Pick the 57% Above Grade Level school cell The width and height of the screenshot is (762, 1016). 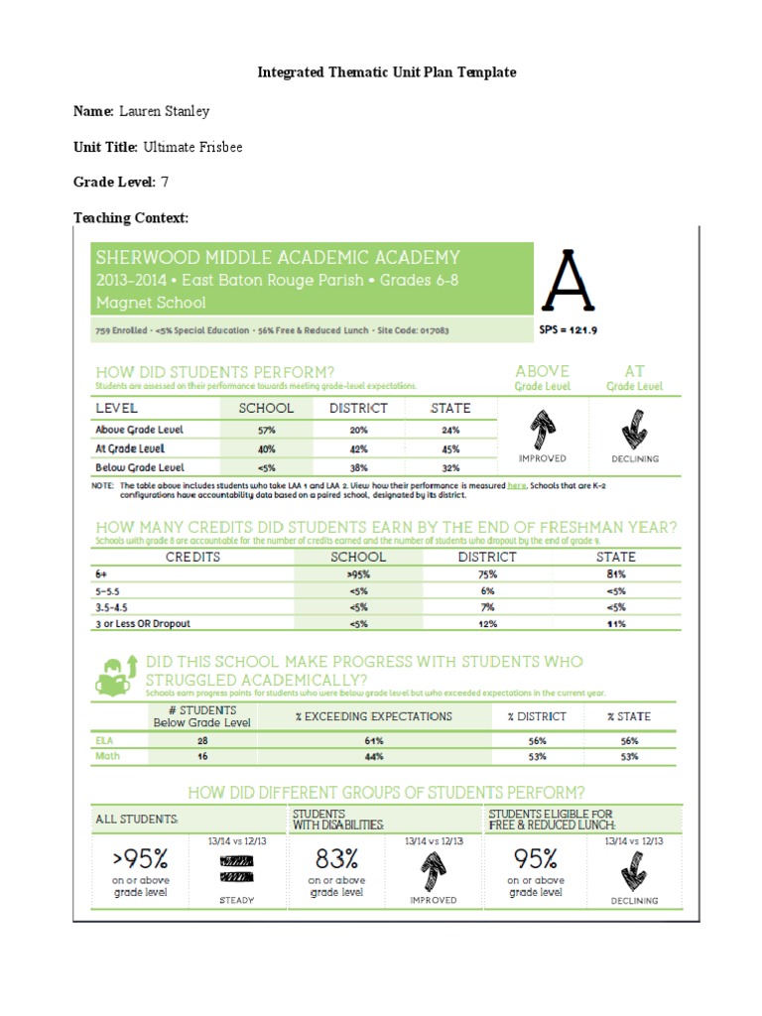pos(266,430)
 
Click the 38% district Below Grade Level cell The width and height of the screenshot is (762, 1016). pos(358,466)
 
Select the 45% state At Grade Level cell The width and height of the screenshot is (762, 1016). pos(450,448)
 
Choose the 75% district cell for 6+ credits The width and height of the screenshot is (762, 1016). pos(486,574)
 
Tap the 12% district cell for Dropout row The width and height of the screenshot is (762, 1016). pos(486,623)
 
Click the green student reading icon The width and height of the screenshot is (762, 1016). pos(116,674)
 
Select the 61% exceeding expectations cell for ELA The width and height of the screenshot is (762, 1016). pos(373,740)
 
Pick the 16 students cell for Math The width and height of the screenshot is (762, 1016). pos(201,756)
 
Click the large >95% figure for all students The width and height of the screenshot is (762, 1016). pos(140,856)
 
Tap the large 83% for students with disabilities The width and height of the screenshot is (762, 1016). pos(337,856)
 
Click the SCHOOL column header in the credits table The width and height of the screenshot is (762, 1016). pos(358,557)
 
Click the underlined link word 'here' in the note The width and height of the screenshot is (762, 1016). pos(517,486)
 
